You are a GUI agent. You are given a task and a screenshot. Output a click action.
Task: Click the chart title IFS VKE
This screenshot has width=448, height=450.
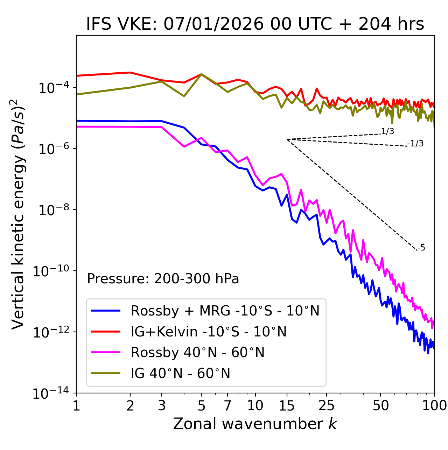pos(255,24)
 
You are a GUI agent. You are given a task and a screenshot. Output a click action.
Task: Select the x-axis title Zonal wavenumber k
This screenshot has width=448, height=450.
pos(255,423)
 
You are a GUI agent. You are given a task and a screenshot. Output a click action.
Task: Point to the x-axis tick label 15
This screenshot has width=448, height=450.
pos(287,406)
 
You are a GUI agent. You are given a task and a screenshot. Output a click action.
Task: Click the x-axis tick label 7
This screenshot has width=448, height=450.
pos(227,406)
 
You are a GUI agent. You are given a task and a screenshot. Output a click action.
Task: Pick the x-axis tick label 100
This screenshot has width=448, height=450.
pos(434,406)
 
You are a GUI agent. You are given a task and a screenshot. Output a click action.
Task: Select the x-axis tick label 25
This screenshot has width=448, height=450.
pos(327,406)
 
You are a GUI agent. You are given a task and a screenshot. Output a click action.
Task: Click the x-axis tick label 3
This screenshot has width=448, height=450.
pos(162,406)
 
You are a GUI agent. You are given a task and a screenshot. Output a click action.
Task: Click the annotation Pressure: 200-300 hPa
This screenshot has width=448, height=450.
pos(163,279)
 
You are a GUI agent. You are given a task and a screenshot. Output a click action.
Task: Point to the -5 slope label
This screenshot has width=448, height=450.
pos(421,248)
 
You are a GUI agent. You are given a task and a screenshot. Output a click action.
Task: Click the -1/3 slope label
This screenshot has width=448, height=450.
pos(416,144)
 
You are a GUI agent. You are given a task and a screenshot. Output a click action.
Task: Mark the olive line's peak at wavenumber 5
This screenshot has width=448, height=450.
pos(201,74)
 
